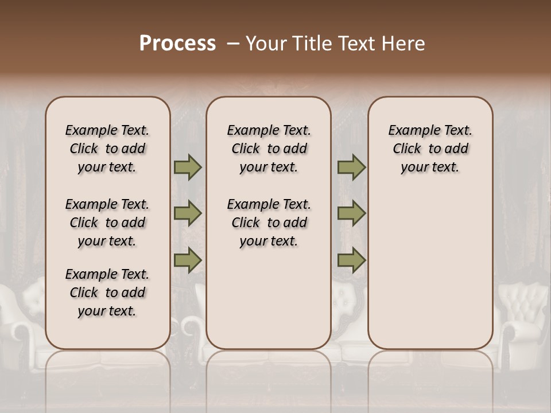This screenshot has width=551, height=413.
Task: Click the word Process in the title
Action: pyautogui.click(x=177, y=44)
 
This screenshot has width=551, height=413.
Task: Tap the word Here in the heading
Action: pyautogui.click(x=404, y=44)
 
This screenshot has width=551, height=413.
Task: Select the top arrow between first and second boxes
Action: pyautogui.click(x=188, y=167)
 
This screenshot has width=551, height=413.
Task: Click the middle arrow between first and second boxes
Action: pyautogui.click(x=188, y=213)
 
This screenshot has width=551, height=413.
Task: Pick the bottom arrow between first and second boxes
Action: pyautogui.click(x=188, y=260)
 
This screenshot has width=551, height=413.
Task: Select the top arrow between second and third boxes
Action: pyautogui.click(x=351, y=167)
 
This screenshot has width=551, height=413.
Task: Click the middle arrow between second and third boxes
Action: pyautogui.click(x=351, y=213)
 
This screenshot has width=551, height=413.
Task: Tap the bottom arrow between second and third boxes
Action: pyautogui.click(x=351, y=260)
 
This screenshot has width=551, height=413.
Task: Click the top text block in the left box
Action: pyautogui.click(x=107, y=149)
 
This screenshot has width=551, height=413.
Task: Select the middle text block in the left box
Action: pyautogui.click(x=107, y=223)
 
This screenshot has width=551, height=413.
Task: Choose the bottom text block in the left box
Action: pyautogui.click(x=107, y=293)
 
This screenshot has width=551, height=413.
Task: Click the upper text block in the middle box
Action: pyautogui.click(x=269, y=149)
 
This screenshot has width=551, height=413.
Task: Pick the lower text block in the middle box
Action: pyautogui.click(x=269, y=223)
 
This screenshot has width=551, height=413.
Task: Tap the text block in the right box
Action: pyautogui.click(x=430, y=149)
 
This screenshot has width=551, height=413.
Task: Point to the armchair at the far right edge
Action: pyautogui.click(x=522, y=315)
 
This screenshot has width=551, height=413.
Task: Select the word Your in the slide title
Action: pyautogui.click(x=265, y=44)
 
